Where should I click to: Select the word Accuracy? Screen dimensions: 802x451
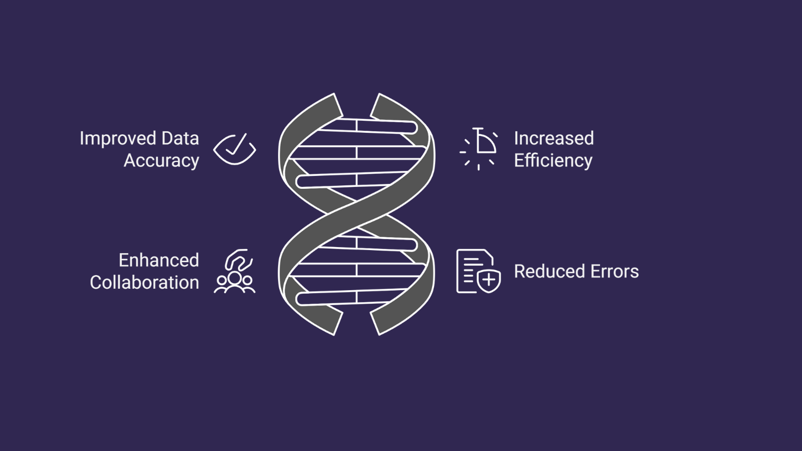[x=161, y=160]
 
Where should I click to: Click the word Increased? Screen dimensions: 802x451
[x=553, y=138]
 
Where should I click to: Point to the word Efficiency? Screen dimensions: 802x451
[x=553, y=160]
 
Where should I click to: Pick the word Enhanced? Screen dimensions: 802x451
[x=158, y=260]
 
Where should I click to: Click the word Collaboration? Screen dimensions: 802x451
[x=144, y=283]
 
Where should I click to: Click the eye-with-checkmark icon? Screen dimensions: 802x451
[x=235, y=149]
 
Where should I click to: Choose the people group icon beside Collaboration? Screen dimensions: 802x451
[x=235, y=282]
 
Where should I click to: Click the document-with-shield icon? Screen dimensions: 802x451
[x=478, y=271]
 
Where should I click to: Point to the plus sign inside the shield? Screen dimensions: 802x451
[x=489, y=280]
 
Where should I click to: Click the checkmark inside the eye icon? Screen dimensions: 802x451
[x=236, y=145]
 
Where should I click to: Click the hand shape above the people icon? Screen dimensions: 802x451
[x=239, y=260]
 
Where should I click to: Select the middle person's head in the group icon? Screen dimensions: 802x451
[x=235, y=277]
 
